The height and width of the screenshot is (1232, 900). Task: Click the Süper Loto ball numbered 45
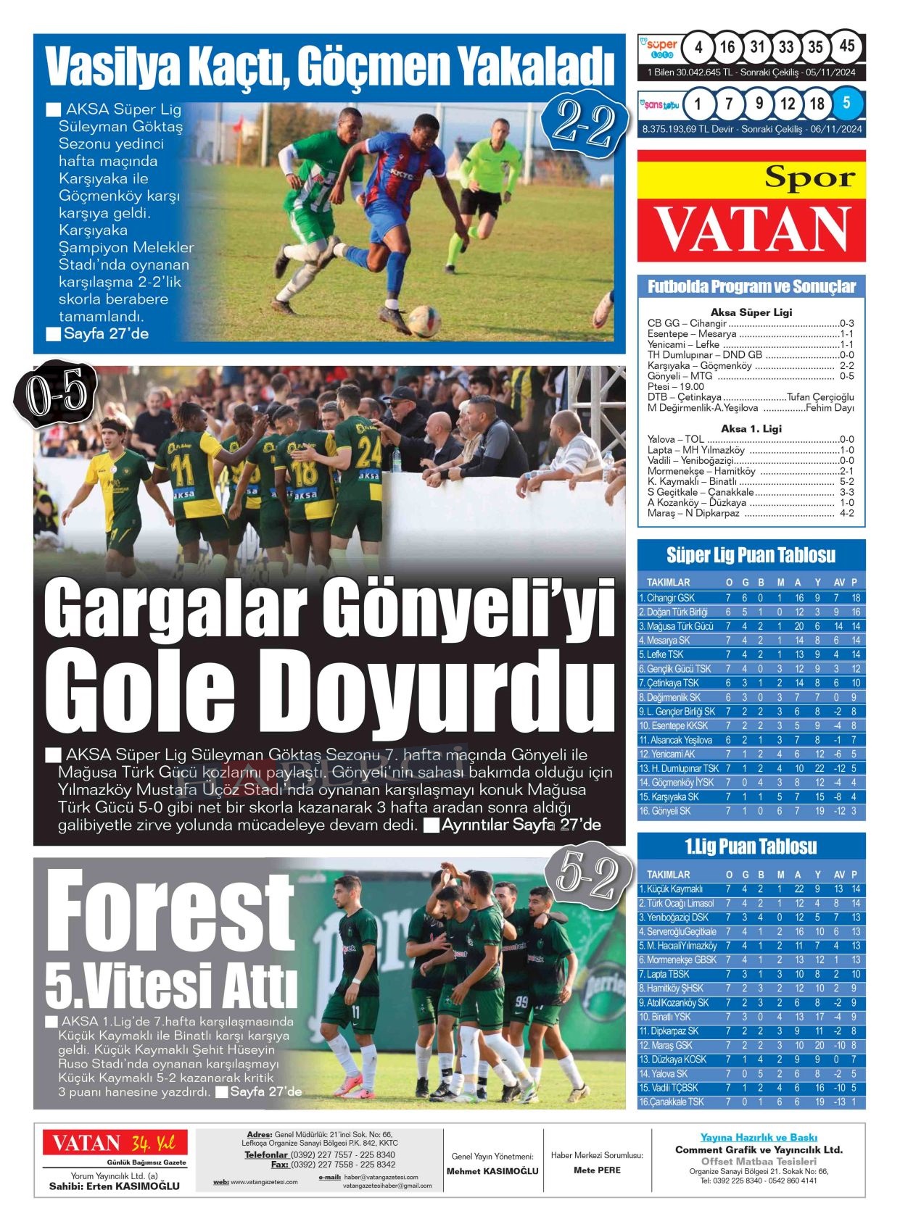[x=846, y=46]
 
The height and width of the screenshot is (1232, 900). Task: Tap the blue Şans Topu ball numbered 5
[x=846, y=103]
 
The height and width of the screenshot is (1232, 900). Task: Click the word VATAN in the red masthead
[x=751, y=230]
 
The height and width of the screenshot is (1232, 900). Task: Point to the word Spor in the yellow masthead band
[x=809, y=177]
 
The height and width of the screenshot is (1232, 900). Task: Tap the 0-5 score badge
[x=55, y=394]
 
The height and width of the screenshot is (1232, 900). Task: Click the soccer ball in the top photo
[x=424, y=320]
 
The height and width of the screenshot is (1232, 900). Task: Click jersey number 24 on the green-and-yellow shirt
[x=368, y=452]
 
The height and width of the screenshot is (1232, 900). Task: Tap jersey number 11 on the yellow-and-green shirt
[x=181, y=470]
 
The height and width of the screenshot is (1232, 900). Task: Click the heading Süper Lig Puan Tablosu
[x=751, y=556]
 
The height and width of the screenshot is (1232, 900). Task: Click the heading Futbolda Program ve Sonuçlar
[x=751, y=287]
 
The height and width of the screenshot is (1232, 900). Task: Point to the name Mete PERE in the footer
[x=596, y=1170]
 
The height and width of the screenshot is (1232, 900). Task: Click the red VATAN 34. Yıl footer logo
[x=115, y=1144]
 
